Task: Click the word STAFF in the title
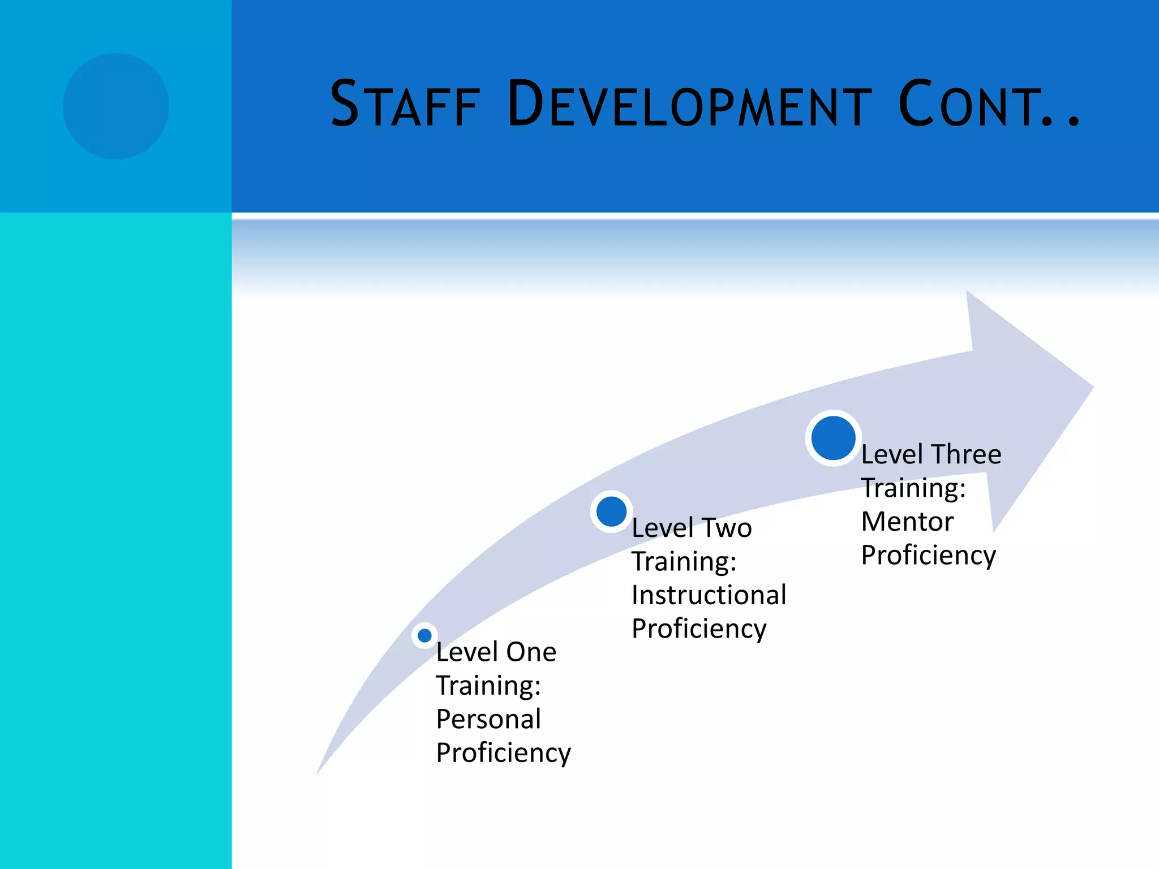click(x=405, y=105)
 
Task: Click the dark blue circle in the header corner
click(x=115, y=106)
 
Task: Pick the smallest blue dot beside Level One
click(x=424, y=635)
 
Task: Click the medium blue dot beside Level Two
click(x=611, y=511)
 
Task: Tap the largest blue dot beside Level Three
click(x=833, y=438)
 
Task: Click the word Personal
click(x=488, y=720)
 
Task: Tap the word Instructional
click(x=709, y=596)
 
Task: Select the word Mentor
click(x=907, y=522)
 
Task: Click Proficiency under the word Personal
click(x=503, y=754)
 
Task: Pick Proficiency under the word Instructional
click(x=699, y=629)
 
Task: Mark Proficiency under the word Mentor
click(x=928, y=556)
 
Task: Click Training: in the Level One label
click(x=488, y=686)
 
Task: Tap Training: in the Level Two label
click(x=684, y=562)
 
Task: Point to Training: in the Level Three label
click(x=913, y=488)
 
